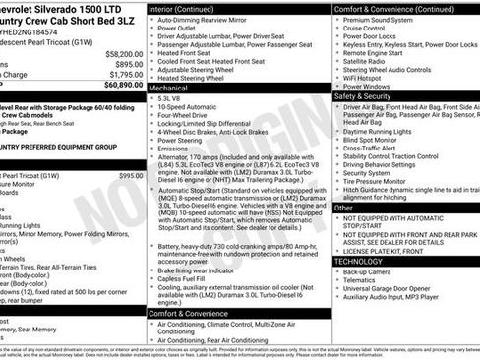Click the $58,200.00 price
(x=123, y=54)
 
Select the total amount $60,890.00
(x=123, y=85)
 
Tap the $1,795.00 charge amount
(x=126, y=74)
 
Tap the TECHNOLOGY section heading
(x=358, y=261)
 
